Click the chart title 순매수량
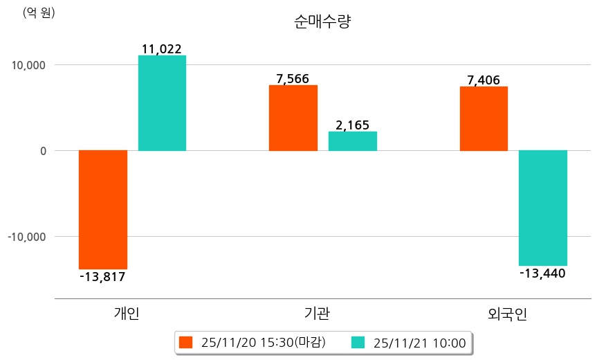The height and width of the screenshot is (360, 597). [323, 22]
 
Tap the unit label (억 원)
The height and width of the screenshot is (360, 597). [39, 12]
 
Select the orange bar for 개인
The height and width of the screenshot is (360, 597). [103, 209]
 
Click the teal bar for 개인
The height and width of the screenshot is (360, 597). [162, 102]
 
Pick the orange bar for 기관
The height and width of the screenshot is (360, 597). [293, 118]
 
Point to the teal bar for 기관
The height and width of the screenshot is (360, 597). [353, 141]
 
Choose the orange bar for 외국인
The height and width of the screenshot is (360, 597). [484, 118]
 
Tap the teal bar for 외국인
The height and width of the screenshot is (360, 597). [543, 208]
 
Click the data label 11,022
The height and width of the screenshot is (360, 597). [161, 48]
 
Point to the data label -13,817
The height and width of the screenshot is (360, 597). [102, 277]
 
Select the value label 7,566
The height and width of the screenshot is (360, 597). [293, 78]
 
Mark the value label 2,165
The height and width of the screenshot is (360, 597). [352, 125]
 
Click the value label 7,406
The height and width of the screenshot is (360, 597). [484, 80]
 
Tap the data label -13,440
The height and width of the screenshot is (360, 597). [543, 273]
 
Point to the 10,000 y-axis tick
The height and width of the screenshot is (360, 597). [28, 65]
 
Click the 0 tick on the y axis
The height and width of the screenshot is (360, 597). [42, 151]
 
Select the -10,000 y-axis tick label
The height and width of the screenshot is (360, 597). [26, 237]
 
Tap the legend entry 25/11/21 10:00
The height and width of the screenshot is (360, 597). [409, 342]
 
